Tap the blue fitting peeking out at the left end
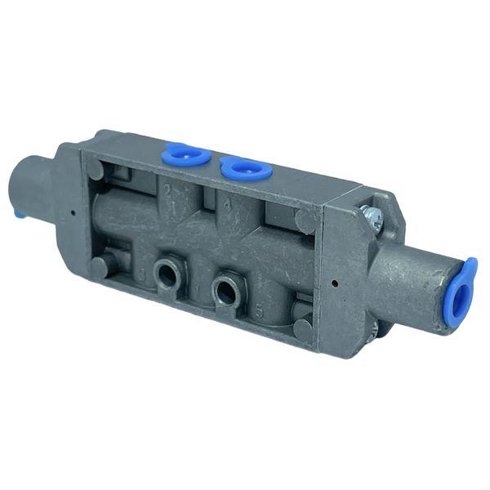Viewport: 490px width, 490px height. point(19,214)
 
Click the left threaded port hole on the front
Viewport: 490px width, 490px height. point(167,275)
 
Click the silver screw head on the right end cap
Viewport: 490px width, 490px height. point(373,215)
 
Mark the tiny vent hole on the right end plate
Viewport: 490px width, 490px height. point(336,284)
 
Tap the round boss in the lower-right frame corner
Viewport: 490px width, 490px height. point(303,329)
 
